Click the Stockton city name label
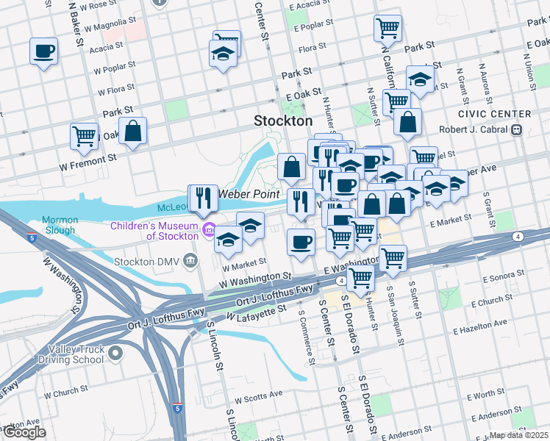[x=283, y=121]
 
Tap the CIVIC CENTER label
[x=494, y=114]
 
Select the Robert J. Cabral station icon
[x=517, y=129]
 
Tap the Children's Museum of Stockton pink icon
[x=210, y=231]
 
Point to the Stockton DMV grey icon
[x=191, y=259]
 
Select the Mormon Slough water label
[x=59, y=225]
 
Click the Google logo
[x=24, y=431]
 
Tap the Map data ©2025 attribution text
[x=518, y=435]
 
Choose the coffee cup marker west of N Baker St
[x=44, y=51]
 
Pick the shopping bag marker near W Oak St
[x=132, y=132]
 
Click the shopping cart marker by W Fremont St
[x=85, y=136]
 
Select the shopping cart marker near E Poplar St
[x=387, y=29]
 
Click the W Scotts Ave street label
[x=255, y=395]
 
